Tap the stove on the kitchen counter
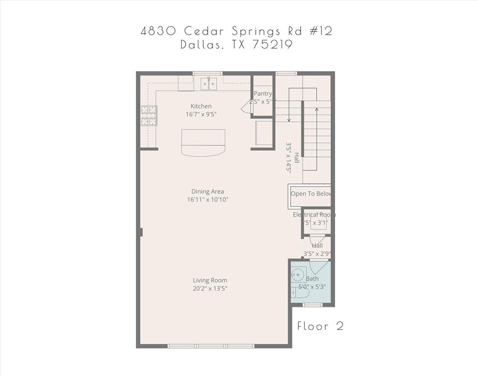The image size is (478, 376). click(149, 117)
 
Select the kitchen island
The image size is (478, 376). click(203, 142)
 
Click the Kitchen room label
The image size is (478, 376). click(201, 106)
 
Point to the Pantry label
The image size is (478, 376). click(263, 94)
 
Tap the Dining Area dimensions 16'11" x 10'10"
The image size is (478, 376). click(208, 200)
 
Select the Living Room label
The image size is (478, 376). click(210, 281)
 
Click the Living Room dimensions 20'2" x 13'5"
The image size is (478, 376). click(210, 288)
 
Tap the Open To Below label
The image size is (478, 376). click(311, 194)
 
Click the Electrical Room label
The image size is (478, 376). click(314, 215)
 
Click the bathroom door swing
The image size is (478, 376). click(318, 267)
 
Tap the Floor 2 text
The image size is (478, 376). click(320, 327)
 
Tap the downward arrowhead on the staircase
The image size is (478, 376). click(289, 120)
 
